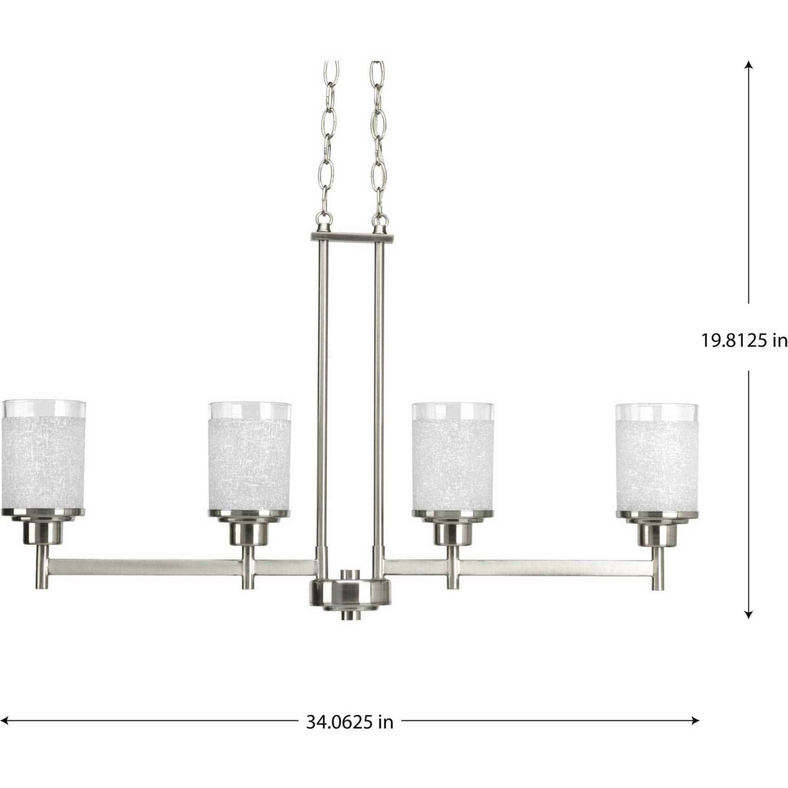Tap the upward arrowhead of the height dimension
(748, 65)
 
